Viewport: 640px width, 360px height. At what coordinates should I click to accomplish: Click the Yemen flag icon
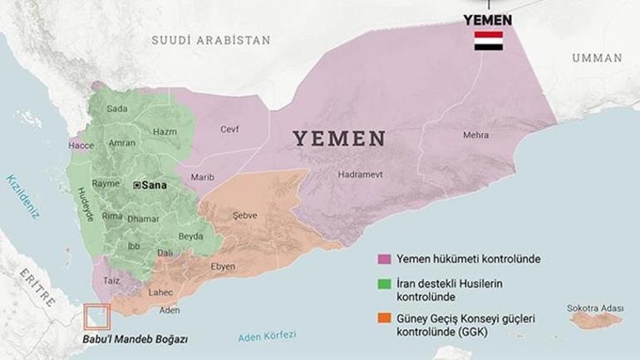(x=488, y=42)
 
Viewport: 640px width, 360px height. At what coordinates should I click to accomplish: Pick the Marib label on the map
(x=203, y=177)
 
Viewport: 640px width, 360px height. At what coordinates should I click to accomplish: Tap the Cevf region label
(x=229, y=129)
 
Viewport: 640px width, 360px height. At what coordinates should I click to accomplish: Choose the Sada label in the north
(x=118, y=109)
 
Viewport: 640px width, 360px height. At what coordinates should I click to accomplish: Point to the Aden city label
(x=170, y=310)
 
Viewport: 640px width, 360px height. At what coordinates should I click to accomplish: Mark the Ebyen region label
(x=223, y=266)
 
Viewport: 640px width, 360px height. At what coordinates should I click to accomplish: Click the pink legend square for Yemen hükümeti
(x=383, y=259)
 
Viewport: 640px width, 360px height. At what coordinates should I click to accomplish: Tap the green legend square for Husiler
(x=383, y=285)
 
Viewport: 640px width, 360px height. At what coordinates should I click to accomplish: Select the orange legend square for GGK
(x=383, y=319)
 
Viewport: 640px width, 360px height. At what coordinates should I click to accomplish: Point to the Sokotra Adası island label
(x=594, y=308)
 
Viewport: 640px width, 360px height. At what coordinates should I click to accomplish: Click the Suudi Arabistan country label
(x=211, y=40)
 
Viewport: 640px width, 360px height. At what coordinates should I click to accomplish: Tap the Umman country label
(x=596, y=58)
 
